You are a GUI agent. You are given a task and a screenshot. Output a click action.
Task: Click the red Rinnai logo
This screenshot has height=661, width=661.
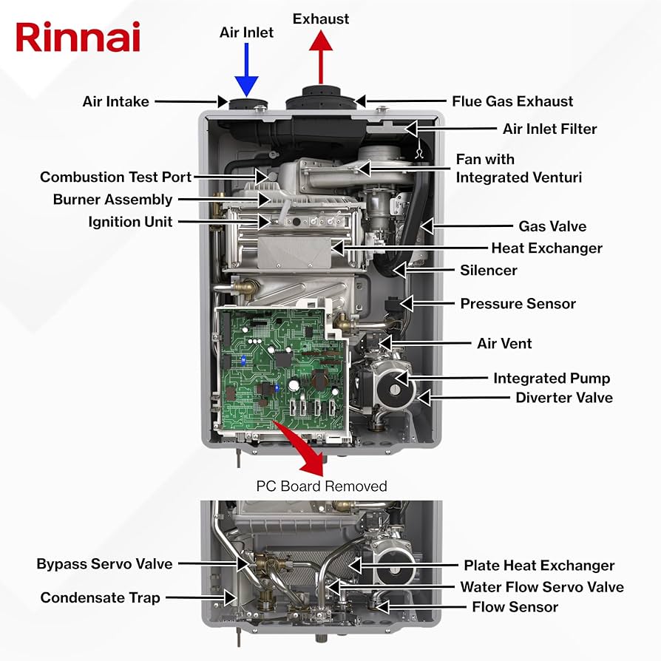click(x=78, y=37)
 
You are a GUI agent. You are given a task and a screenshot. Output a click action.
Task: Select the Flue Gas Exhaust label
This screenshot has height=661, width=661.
click(x=512, y=101)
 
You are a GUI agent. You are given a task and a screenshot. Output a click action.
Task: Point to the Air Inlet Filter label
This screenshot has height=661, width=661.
click(x=549, y=129)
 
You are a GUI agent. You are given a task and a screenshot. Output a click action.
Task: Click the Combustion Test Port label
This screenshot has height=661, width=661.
click(x=115, y=177)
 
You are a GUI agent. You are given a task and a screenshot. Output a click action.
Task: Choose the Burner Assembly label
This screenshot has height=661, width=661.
click(x=112, y=200)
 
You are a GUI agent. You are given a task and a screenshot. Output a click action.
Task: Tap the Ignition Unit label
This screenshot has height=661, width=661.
click(x=130, y=222)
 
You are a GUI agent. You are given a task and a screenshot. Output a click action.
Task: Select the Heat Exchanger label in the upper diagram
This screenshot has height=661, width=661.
click(x=546, y=248)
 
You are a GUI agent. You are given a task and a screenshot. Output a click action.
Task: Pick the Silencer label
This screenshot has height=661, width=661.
click(x=488, y=271)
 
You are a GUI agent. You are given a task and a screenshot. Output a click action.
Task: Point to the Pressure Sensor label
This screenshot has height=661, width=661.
click(x=518, y=304)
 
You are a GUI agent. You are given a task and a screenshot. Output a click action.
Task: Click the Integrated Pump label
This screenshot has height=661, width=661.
click(x=552, y=379)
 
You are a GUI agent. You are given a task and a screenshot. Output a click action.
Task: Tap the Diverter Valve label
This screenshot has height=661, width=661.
click(x=563, y=398)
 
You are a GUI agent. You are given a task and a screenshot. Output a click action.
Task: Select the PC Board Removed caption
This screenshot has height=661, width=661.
click(x=322, y=486)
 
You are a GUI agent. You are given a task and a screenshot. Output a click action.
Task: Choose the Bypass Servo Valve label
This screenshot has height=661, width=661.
click(x=104, y=564)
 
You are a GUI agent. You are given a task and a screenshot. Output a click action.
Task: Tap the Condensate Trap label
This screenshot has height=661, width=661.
click(x=100, y=597)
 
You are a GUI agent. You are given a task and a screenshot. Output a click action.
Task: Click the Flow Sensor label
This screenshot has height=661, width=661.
click(x=515, y=607)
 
